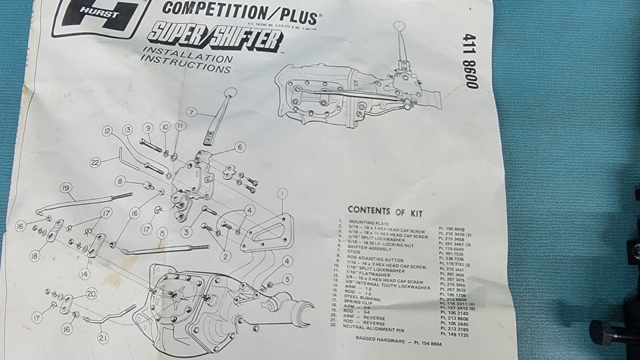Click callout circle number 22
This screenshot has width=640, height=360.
[x=95, y=161]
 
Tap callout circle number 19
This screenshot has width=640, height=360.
[x=65, y=188]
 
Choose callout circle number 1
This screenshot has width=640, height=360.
[x=282, y=194]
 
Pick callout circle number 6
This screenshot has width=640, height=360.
[x=240, y=147]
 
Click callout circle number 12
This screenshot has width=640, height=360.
[x=106, y=131]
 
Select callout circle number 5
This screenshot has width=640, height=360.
[x=287, y=279]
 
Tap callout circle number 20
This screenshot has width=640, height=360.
[x=91, y=294]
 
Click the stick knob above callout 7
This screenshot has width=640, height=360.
[x=229, y=93]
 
